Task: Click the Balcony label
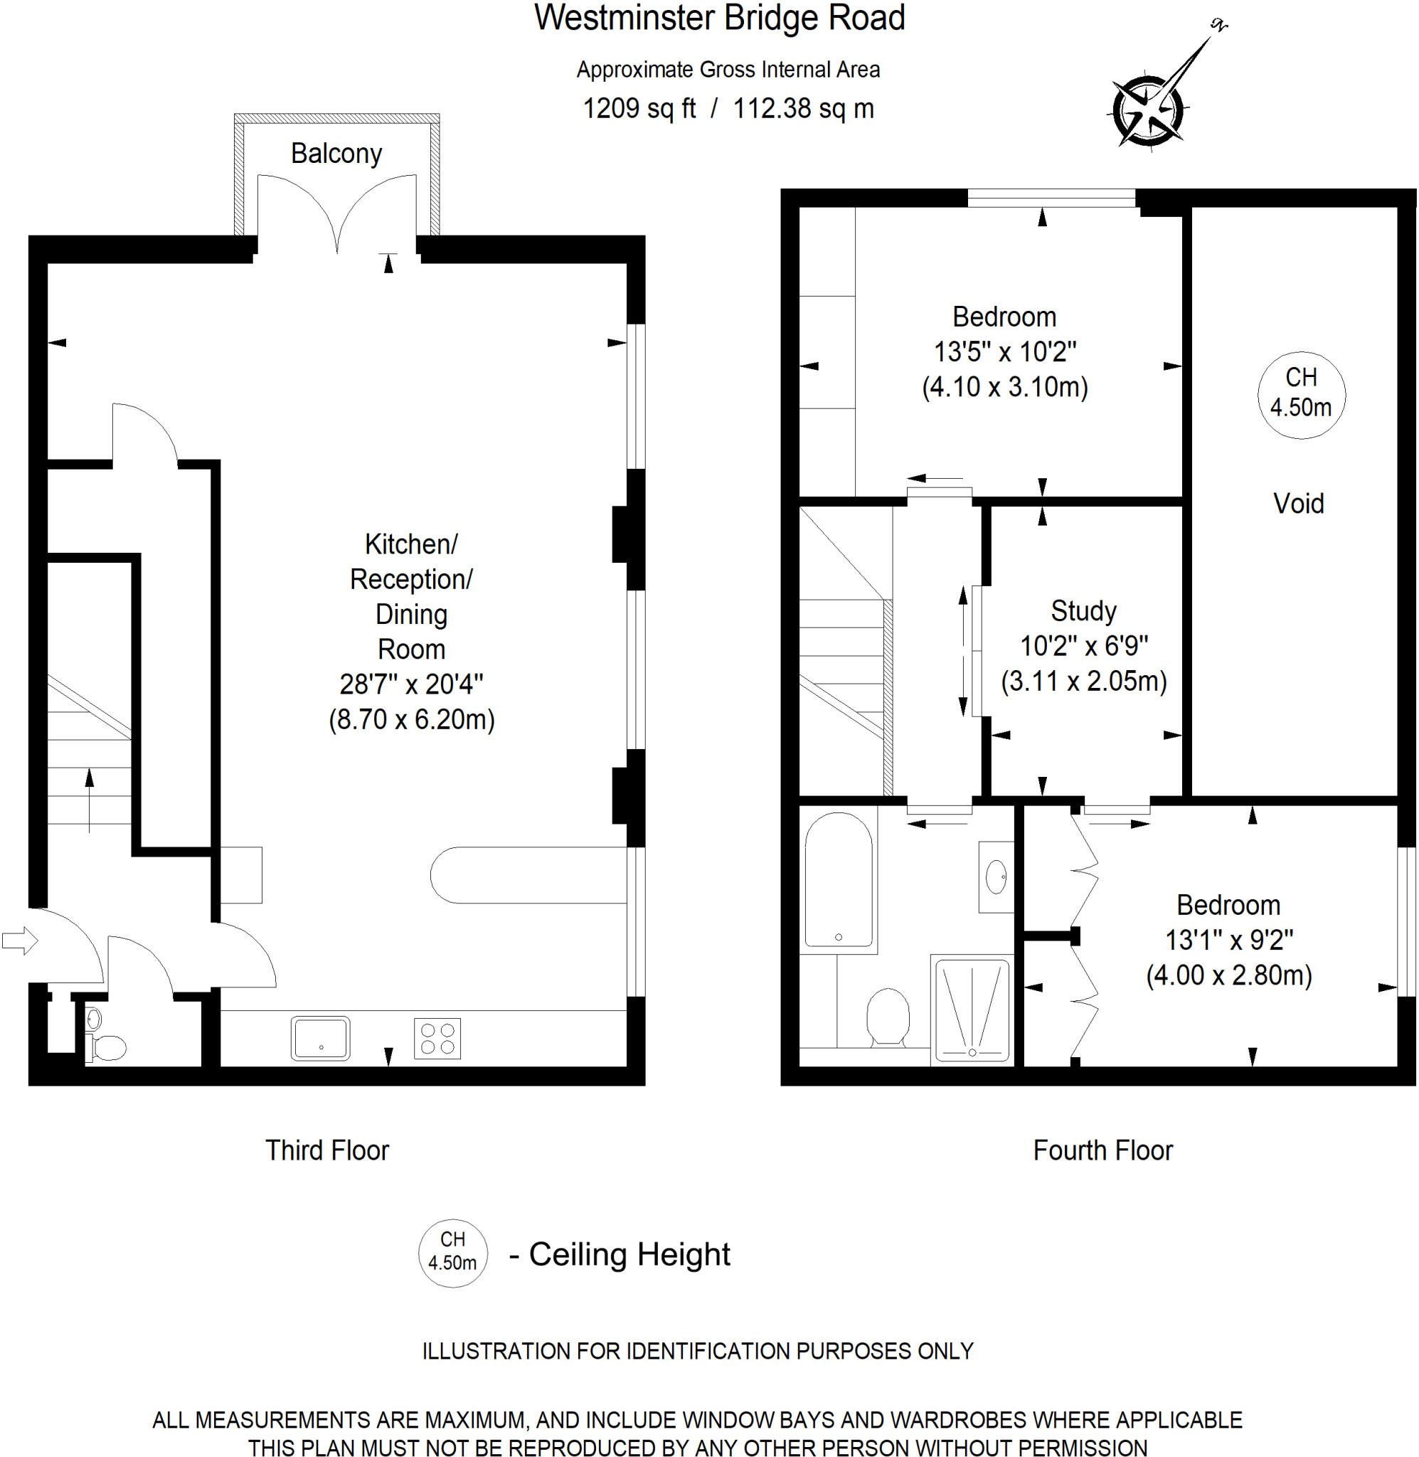pos(336,154)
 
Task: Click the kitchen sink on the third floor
pos(321,1037)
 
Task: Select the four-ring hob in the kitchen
pos(437,1037)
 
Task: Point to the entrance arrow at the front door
pos(19,941)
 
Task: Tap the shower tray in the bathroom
pos(972,1010)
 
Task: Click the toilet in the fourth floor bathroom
pos(888,1017)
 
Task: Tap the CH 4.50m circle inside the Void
pos(1301,394)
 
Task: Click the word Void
pos(1298,504)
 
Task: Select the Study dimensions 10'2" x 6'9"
pos(1083,645)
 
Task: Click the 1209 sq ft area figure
pos(639,109)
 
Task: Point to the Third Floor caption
pos(327,1150)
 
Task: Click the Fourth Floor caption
pos(1102,1150)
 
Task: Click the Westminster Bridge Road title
pos(719,18)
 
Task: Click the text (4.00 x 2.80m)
pos(1228,975)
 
